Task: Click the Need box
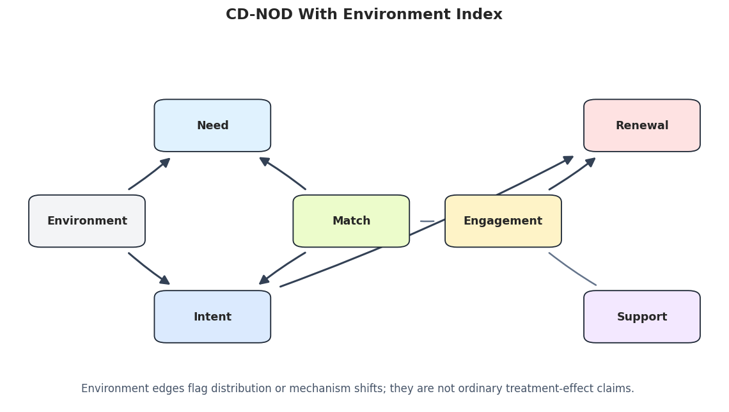[212, 125]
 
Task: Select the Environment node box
[87, 221]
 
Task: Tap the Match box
[351, 221]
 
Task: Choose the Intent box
[212, 317]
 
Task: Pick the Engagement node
[503, 221]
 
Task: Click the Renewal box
[642, 125]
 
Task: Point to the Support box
[642, 317]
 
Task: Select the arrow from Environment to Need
[150, 175]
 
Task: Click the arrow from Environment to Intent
[149, 268]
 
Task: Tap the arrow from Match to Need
[282, 173]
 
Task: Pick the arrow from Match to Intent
[282, 267]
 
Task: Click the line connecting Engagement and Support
[572, 269]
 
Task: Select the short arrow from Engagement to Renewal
[572, 173]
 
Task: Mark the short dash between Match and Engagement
[427, 221]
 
